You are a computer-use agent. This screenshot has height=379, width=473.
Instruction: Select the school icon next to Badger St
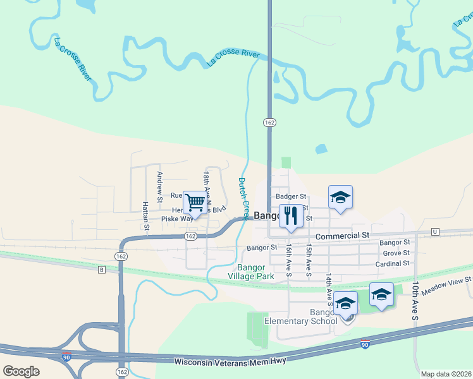(340, 197)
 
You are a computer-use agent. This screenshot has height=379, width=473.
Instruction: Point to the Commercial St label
(341, 236)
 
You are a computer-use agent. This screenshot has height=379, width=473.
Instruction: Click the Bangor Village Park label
(257, 272)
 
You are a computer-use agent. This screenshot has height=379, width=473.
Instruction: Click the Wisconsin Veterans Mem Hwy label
(230, 361)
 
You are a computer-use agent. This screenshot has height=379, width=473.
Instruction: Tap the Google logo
(21, 371)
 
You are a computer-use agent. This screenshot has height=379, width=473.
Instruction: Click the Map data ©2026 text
(446, 374)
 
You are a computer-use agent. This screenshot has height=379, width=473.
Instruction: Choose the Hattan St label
(145, 215)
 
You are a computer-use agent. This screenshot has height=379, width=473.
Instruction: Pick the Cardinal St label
(392, 263)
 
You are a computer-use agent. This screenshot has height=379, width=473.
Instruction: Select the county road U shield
(435, 232)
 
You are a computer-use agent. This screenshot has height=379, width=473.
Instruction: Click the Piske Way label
(176, 219)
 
